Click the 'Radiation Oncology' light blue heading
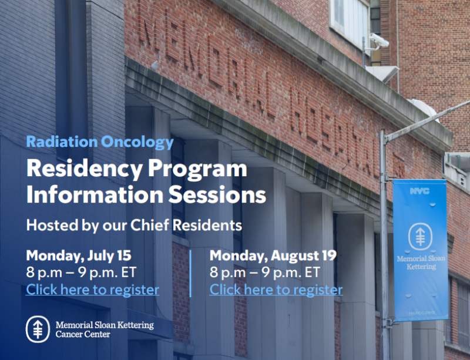(x=100, y=142)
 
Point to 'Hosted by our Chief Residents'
(x=134, y=225)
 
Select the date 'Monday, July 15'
(x=79, y=256)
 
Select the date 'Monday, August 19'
(x=273, y=256)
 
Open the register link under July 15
(x=93, y=290)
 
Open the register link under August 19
(x=276, y=290)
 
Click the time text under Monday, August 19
(x=265, y=272)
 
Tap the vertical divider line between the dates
(x=191, y=273)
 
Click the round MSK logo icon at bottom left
(x=38, y=329)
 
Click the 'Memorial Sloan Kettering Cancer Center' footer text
(x=105, y=329)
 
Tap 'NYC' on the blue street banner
(x=420, y=191)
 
